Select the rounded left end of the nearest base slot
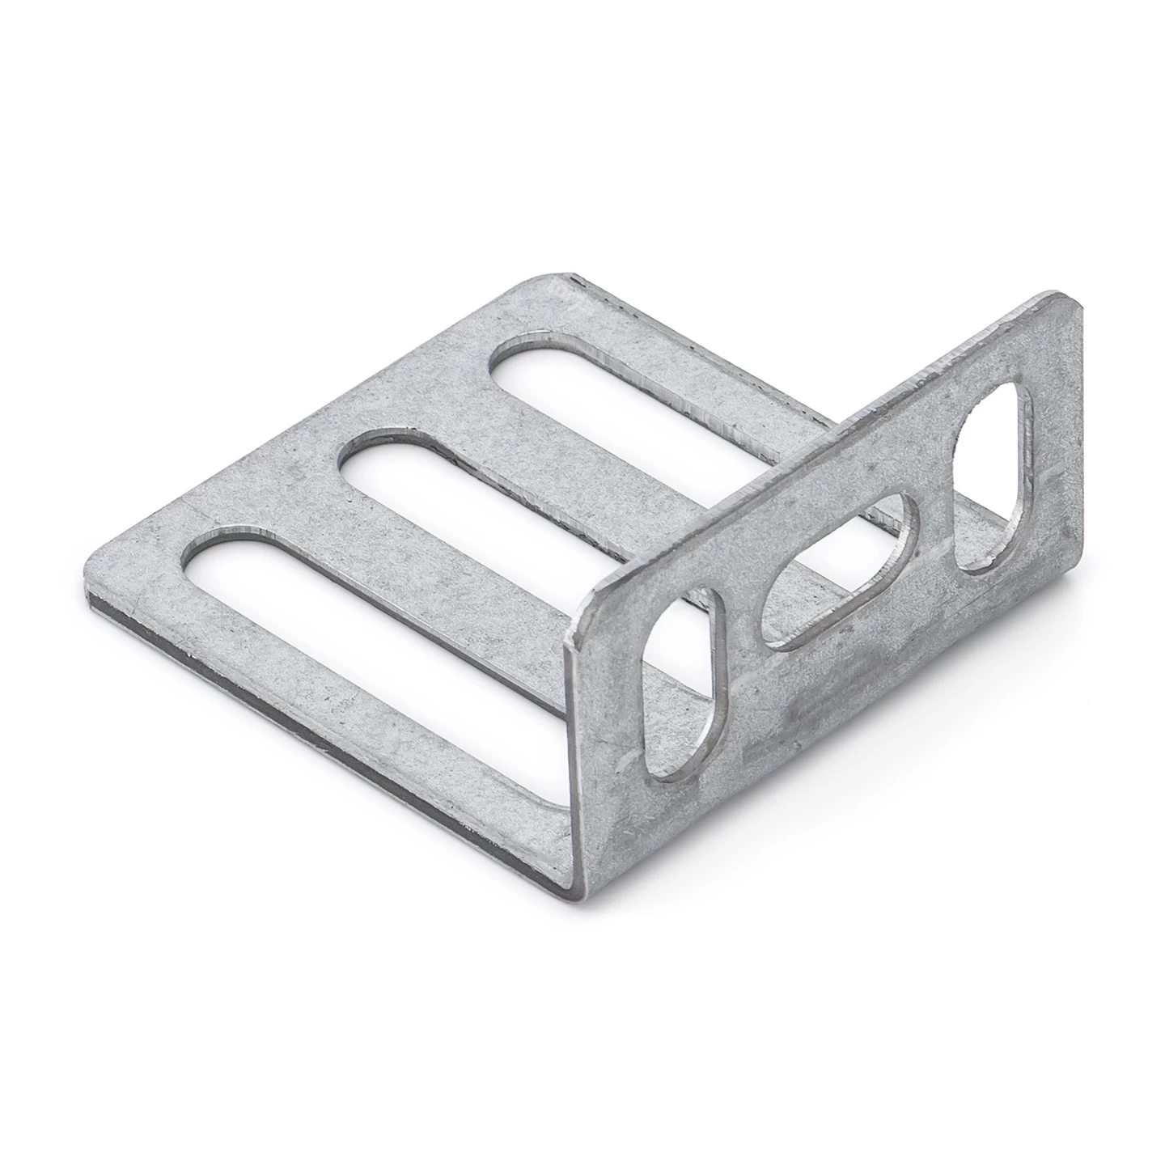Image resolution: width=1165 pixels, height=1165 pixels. [202, 558]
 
